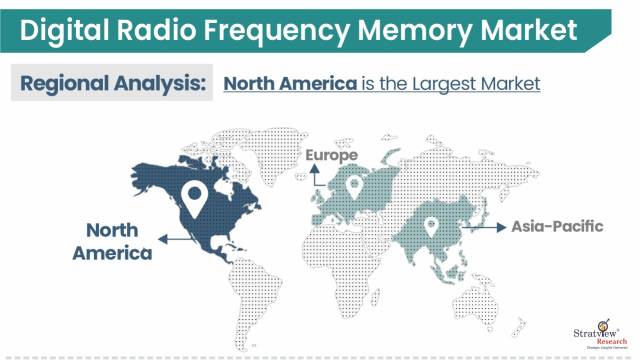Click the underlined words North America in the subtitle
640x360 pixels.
(x=290, y=83)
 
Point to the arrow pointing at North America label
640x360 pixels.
(x=171, y=241)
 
